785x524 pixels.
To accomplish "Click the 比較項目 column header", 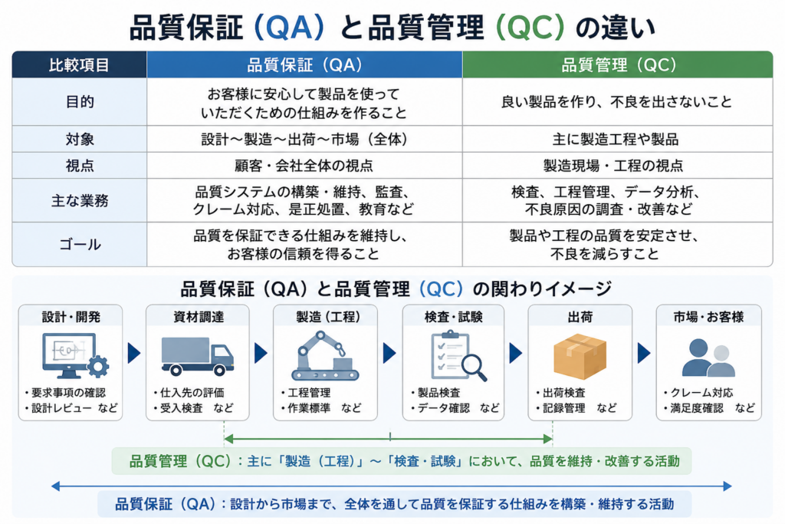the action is click(79, 65).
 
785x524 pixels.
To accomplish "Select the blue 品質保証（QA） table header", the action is click(304, 65).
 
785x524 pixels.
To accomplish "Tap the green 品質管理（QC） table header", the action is click(618, 65).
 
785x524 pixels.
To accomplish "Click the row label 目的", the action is click(80, 102).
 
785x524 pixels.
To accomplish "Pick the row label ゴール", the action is click(80, 245).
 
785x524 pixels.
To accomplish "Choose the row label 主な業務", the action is click(80, 200).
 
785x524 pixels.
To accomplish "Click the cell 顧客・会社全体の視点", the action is click(304, 165).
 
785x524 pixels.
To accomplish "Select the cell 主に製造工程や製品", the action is click(616, 139).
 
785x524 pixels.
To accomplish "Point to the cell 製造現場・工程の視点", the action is click(613, 165).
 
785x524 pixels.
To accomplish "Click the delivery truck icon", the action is click(197, 356).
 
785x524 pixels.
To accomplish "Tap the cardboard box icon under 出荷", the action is click(580, 356).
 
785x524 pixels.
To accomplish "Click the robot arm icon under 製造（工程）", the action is click(325, 356).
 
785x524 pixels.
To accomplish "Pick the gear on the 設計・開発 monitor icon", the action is click(98, 366).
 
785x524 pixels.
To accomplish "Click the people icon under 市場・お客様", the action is click(708, 358).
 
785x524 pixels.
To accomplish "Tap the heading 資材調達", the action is click(199, 317).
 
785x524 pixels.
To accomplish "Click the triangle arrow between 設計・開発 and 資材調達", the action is click(134, 353).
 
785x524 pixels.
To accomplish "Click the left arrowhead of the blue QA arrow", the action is click(55, 486).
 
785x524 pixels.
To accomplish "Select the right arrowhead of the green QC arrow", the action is click(548, 440).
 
